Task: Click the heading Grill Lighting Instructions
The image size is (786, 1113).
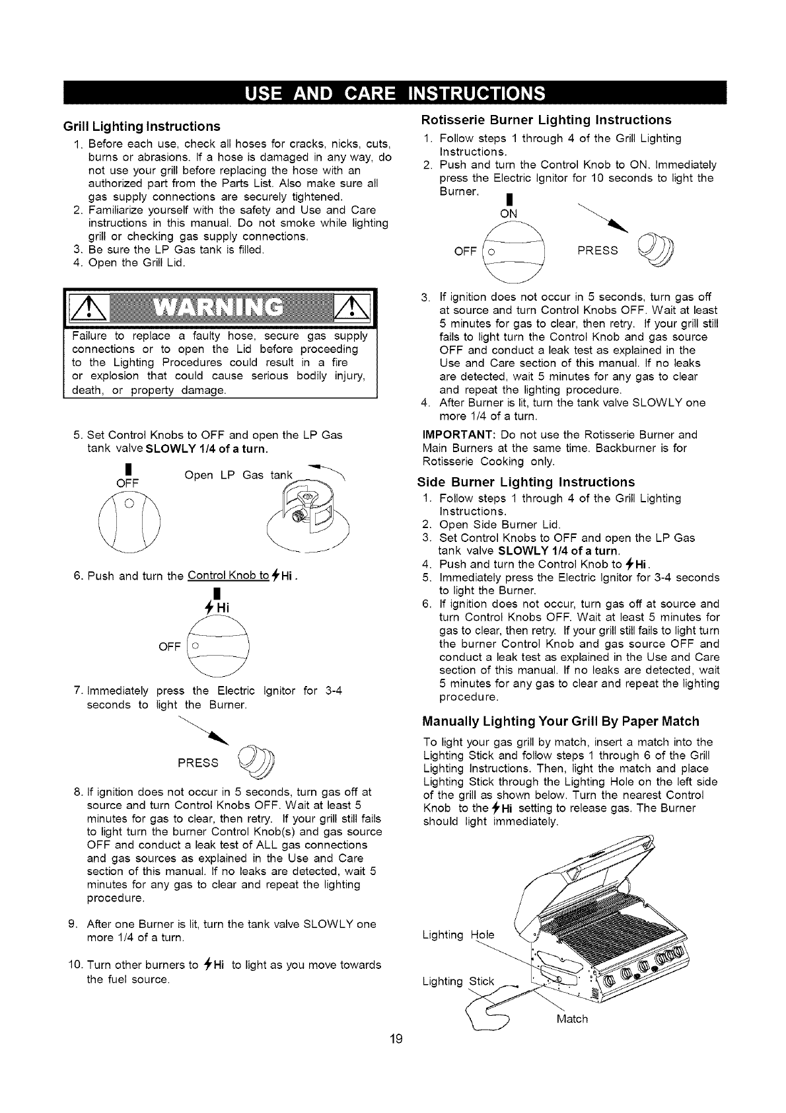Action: click(141, 126)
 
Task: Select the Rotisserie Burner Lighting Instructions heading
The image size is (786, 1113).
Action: click(546, 120)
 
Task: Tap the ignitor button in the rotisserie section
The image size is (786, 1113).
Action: click(655, 250)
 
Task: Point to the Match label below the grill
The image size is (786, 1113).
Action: click(571, 1018)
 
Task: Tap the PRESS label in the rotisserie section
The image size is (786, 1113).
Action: click(598, 250)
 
